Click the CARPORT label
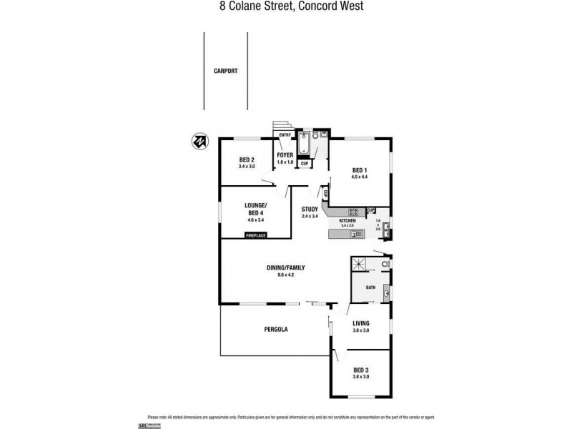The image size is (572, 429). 225,71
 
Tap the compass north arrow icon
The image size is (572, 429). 200,140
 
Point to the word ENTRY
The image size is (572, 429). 285,135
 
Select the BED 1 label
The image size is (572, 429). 358,169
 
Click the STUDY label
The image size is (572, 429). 309,209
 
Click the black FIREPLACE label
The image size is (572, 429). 255,235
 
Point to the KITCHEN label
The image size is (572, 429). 347,221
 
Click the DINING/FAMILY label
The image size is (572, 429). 285,267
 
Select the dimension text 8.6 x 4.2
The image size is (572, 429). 285,275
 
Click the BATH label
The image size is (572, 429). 370,287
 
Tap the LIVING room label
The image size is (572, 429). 361,323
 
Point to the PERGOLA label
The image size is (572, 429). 275,329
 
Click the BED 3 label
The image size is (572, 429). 361,370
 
